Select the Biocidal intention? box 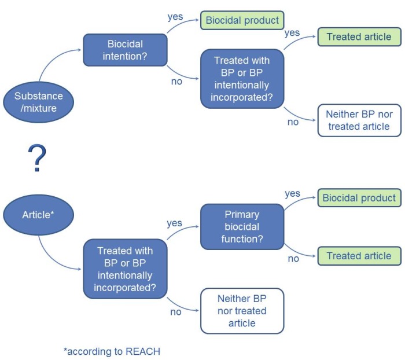click(125, 50)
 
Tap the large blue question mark click(36, 159)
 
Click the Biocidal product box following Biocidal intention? click(242, 20)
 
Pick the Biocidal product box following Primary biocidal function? click(359, 198)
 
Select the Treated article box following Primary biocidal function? click(359, 256)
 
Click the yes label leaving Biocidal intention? click(175, 16)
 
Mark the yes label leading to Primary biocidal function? click(174, 223)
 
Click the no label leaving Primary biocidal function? click(293, 259)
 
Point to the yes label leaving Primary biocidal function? click(293, 193)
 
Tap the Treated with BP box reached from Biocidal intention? click(242, 79)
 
